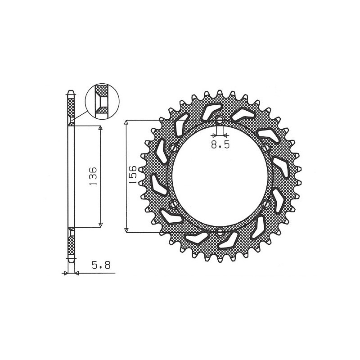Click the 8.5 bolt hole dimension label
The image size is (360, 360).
click(x=220, y=144)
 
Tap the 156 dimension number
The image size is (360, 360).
click(x=133, y=175)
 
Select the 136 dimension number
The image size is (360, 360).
click(x=93, y=176)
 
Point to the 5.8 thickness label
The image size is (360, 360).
click(x=101, y=265)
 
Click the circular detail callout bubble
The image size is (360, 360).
click(x=102, y=101)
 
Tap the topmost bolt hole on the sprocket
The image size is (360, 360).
click(x=220, y=120)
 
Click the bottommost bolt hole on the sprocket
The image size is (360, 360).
click(x=220, y=232)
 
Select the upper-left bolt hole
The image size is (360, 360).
click(x=174, y=148)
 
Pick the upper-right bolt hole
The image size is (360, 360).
click(x=266, y=148)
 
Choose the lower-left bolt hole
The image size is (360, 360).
click(x=174, y=204)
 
